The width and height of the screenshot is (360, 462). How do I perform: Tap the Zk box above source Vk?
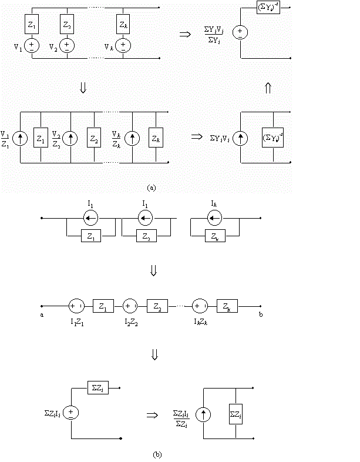click(122, 25)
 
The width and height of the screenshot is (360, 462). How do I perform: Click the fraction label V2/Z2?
click(56, 139)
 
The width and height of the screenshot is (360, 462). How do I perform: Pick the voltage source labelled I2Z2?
click(130, 306)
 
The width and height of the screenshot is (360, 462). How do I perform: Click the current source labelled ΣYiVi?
click(240, 139)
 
